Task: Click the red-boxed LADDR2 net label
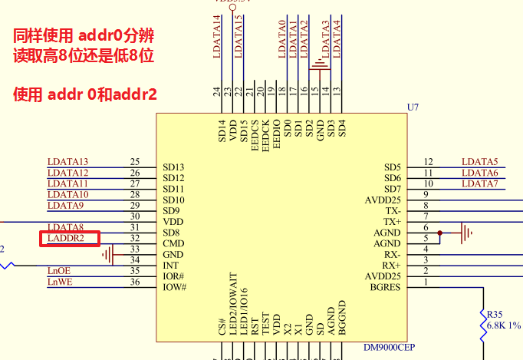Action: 68,239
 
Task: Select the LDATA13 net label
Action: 67,162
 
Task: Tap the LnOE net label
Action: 58,271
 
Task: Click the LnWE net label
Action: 59,282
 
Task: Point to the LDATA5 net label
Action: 479,162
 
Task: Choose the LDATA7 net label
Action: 479,184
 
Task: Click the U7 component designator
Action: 413,107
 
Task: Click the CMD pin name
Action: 173,243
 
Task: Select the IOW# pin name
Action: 175,287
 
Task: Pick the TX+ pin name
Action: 393,222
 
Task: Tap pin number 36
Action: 135,282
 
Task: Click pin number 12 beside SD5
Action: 428,162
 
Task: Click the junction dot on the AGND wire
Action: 439,233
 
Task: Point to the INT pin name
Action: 170,266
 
